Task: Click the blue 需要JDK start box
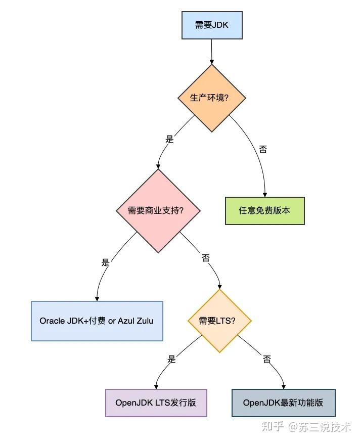211,25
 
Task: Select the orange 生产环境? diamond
211,98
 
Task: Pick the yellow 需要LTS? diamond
219,321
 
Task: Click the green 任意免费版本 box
264,210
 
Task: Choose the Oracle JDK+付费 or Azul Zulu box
97,321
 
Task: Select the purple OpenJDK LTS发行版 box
156,403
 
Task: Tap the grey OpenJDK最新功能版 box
283,403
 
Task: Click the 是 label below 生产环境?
169,139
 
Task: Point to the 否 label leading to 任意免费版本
263,149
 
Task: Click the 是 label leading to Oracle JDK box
105,262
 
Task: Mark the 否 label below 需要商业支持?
206,258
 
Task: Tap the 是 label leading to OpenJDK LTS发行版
171,359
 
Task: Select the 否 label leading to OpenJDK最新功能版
267,359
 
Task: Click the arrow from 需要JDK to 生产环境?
211,51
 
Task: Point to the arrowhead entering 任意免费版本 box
264,194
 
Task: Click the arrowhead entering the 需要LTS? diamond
219,286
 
